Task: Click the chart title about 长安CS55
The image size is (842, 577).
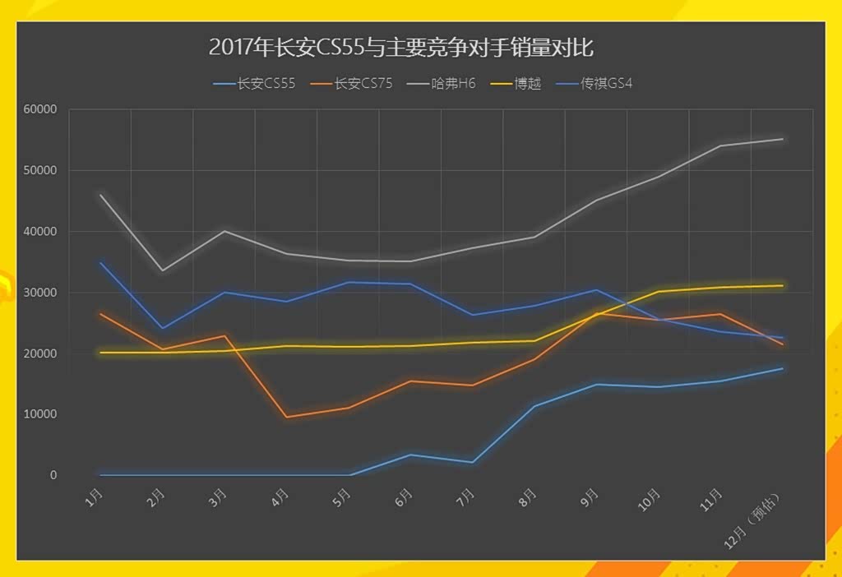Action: pyautogui.click(x=400, y=46)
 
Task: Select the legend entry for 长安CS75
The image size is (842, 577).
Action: pyautogui.click(x=363, y=83)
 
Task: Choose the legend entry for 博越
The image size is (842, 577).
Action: pyautogui.click(x=527, y=83)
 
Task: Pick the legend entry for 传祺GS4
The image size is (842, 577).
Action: pyautogui.click(x=606, y=83)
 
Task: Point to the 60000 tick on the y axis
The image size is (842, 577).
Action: pyautogui.click(x=39, y=109)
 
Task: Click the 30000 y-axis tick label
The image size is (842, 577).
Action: pyautogui.click(x=39, y=293)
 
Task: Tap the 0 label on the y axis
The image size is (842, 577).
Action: pyautogui.click(x=53, y=475)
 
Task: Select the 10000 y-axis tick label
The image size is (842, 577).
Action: pyautogui.click(x=39, y=414)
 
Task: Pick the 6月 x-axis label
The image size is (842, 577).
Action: pyautogui.click(x=404, y=496)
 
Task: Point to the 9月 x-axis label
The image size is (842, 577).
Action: pyautogui.click(x=590, y=496)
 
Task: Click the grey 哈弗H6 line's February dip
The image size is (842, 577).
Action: pyautogui.click(x=162, y=270)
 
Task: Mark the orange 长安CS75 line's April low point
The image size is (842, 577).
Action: pyautogui.click(x=286, y=418)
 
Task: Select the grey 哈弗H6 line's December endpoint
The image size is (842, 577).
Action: pyautogui.click(x=782, y=139)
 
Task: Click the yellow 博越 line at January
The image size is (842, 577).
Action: pyautogui.click(x=100, y=353)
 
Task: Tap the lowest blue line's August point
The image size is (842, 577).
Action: pyautogui.click(x=534, y=406)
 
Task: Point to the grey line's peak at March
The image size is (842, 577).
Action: pyautogui.click(x=224, y=231)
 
